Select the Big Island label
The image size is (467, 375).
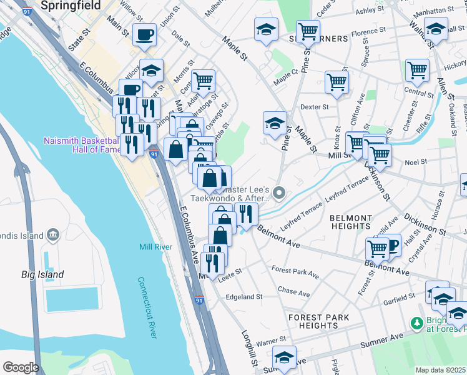click(x=42, y=274)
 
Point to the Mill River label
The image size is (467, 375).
click(x=155, y=247)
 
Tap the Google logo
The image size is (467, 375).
click(x=21, y=367)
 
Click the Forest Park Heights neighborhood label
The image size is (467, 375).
click(x=318, y=321)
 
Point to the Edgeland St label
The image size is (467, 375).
click(x=244, y=296)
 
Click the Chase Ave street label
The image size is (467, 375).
click(x=293, y=292)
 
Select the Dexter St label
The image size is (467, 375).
click(x=314, y=107)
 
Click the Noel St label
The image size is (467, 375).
click(x=416, y=161)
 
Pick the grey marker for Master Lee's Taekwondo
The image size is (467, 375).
click(x=279, y=193)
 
